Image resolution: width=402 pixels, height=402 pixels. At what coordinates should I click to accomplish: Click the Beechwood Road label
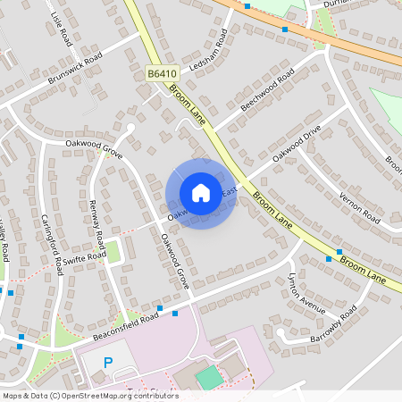point(267,90)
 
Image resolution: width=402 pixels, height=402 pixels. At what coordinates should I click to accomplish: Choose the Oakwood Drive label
point(297,142)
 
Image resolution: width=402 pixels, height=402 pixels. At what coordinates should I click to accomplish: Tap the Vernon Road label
point(359,207)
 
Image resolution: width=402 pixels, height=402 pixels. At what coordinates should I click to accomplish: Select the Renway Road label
point(99,224)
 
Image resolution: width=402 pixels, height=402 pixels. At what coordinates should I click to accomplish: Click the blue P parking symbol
point(109,364)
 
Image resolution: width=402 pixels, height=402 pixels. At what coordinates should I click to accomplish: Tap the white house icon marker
point(201,193)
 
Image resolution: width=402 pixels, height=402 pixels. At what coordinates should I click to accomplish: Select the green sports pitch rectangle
point(208,377)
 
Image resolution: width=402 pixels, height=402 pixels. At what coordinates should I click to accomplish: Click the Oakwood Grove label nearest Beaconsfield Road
point(175,261)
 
